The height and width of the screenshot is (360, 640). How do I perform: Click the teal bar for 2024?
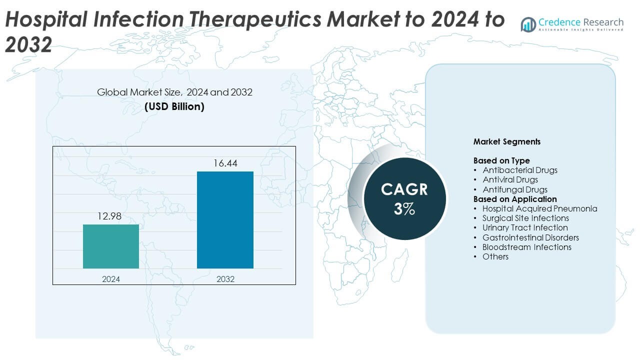click(111, 246)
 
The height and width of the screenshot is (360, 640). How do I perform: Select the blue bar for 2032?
click(225, 219)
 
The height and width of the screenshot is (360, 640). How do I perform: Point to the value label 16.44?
click(225, 163)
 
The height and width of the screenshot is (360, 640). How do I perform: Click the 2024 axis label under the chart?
click(111, 279)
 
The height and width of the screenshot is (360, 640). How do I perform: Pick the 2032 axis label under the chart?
click(225, 279)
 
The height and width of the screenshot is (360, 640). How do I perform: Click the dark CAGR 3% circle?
click(404, 198)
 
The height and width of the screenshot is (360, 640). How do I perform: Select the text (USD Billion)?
click(174, 106)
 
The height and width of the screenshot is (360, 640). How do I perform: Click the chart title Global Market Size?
click(174, 92)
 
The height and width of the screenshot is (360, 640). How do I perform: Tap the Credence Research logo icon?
click(528, 24)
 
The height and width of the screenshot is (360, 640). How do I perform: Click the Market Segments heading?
click(506, 141)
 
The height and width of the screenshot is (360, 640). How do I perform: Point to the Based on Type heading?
click(501, 160)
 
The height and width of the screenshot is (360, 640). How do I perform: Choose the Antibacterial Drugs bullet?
click(519, 170)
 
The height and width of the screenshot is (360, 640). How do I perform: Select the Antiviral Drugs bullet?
click(510, 179)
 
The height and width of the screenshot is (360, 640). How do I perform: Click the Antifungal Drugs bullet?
click(514, 189)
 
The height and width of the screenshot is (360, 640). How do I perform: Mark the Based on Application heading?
click(515, 199)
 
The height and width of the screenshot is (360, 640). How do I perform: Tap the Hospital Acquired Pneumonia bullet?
click(539, 208)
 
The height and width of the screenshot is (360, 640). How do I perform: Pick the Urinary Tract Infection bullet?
click(525, 227)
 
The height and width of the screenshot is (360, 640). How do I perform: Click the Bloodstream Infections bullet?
click(526, 247)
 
